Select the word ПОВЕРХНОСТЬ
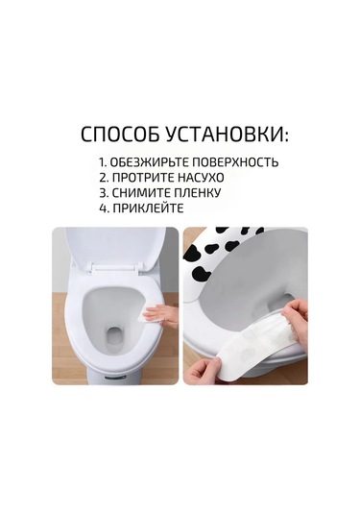pyautogui.click(x=235, y=162)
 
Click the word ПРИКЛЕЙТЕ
pyautogui.click(x=148, y=208)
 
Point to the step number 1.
pyautogui.click(x=102, y=162)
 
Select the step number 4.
pyautogui.click(x=103, y=208)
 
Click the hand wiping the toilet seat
pyautogui.click(x=161, y=313)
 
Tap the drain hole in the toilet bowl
pyautogui.click(x=113, y=335)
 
